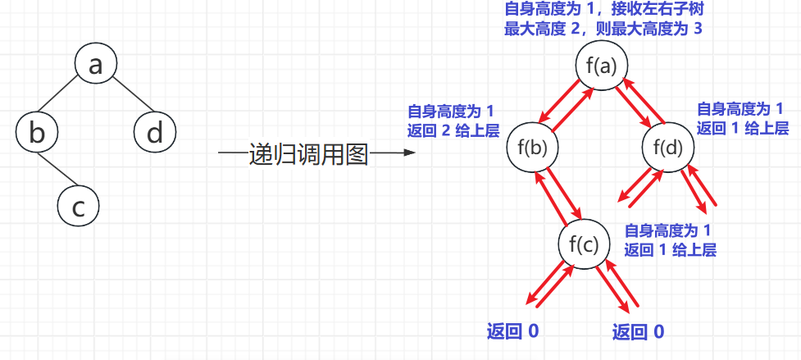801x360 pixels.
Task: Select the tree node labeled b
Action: (37, 133)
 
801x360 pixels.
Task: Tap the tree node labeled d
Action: (155, 133)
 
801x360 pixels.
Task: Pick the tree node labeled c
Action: (78, 207)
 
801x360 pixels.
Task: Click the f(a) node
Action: (602, 66)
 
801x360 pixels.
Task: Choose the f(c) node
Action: (584, 244)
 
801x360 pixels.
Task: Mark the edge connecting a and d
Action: (132, 95)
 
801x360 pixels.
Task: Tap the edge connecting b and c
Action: (59, 170)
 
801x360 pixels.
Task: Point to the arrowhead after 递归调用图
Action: (408, 153)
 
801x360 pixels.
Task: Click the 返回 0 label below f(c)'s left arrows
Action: (512, 332)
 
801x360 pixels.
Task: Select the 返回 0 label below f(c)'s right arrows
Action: (639, 332)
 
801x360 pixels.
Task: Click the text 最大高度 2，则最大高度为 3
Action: (603, 29)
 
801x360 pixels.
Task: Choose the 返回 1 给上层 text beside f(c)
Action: (670, 249)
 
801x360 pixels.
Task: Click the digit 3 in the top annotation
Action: (697, 29)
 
